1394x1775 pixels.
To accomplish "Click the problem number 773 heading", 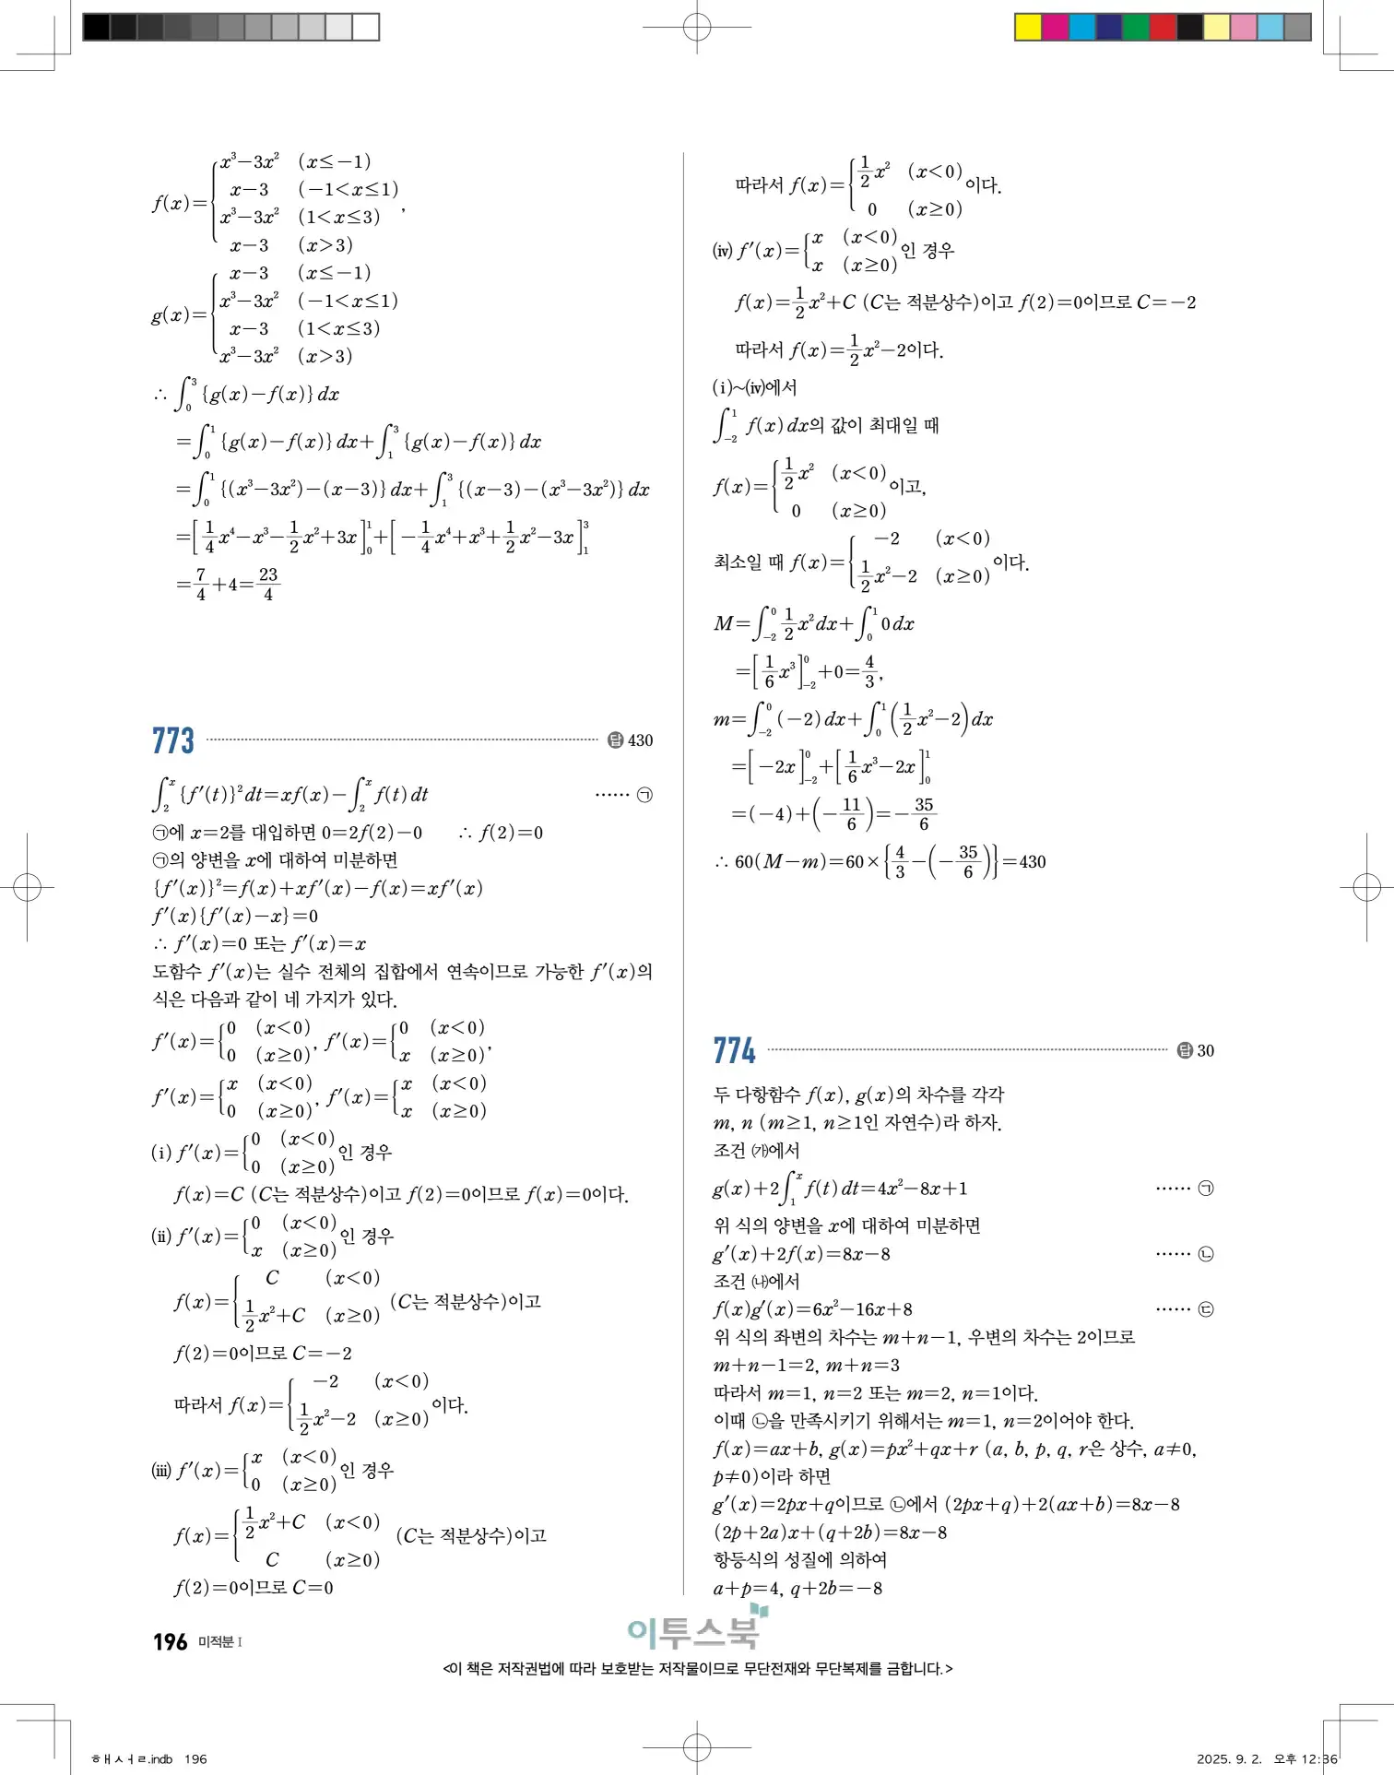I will click(173, 740).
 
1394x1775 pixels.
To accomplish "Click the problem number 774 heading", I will click(734, 1050).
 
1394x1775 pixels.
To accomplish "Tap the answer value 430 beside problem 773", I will click(640, 740).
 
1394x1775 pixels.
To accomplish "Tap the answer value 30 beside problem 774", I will click(1205, 1050).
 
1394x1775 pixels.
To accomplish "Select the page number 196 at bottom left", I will click(171, 1642).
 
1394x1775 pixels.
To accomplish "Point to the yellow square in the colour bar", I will click(1028, 27).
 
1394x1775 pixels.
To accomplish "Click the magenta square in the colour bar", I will click(1055, 27).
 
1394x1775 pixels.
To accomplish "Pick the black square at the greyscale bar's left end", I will click(96, 27).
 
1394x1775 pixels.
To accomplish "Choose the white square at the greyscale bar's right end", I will click(366, 27).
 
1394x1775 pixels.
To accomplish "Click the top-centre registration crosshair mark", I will click(697, 28).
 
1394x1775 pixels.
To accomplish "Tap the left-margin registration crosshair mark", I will click(28, 887).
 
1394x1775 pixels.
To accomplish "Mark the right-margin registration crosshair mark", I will click(1366, 887).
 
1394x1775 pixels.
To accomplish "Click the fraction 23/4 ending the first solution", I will click(268, 584).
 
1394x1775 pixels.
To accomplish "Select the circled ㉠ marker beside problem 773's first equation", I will click(645, 794).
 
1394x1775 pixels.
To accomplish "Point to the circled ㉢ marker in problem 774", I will click(1205, 1309).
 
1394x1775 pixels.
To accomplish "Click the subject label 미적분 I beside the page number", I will click(220, 1642).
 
